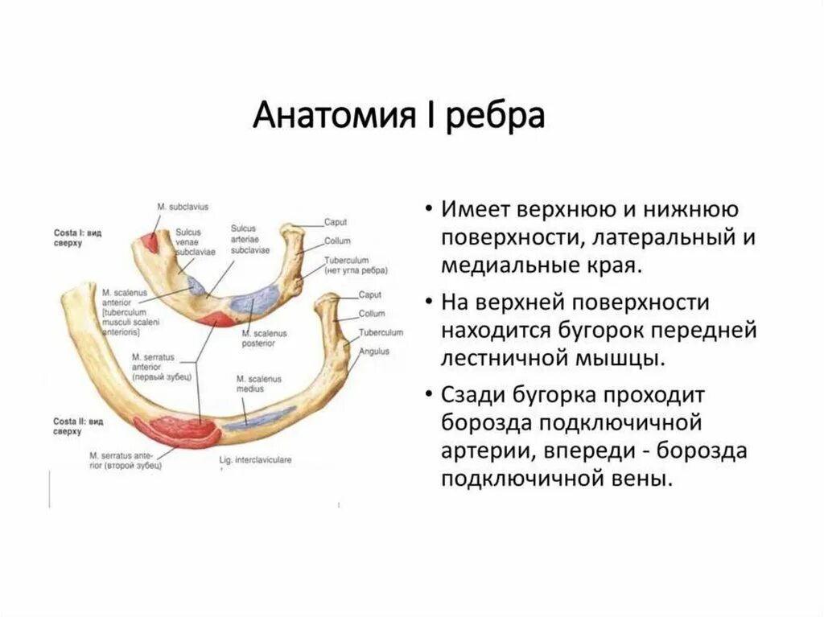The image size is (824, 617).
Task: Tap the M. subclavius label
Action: tap(183, 208)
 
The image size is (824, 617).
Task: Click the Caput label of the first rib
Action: tap(336, 221)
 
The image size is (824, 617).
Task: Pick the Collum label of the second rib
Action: tap(372, 314)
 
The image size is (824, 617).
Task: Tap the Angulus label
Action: tap(374, 351)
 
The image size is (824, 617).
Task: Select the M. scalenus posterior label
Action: tap(259, 337)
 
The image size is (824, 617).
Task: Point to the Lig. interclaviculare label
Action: tap(255, 461)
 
